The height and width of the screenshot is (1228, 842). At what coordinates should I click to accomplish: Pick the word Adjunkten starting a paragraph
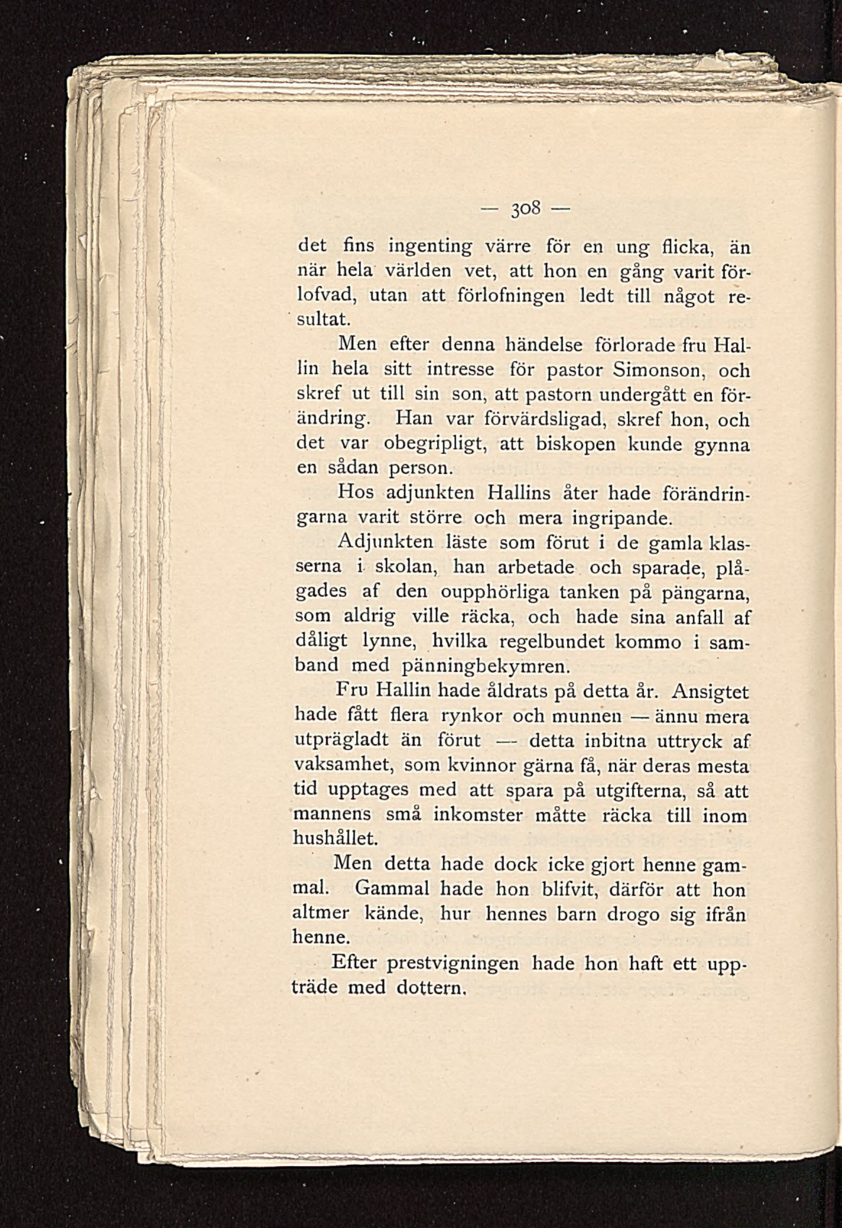click(385, 543)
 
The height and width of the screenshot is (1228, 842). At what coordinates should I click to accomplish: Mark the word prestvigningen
click(453, 963)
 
